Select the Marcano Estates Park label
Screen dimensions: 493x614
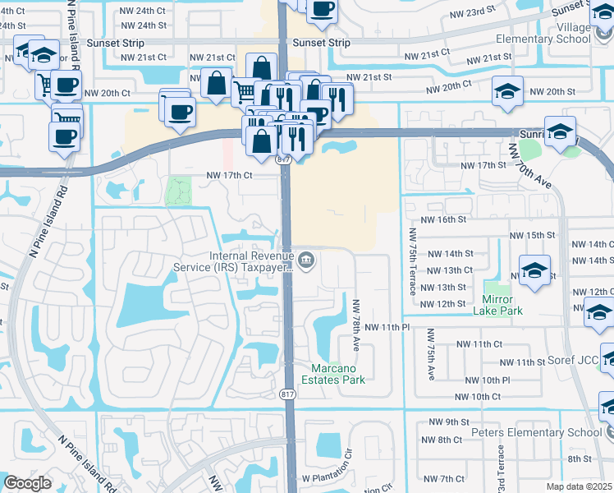(x=337, y=373)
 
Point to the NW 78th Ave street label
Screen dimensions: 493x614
(x=356, y=317)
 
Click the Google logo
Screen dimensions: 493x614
(x=28, y=483)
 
